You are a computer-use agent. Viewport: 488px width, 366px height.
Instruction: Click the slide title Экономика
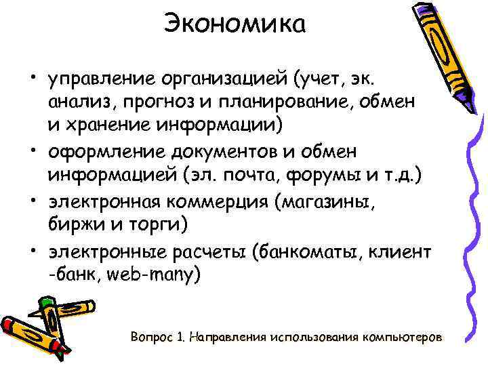click(235, 25)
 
